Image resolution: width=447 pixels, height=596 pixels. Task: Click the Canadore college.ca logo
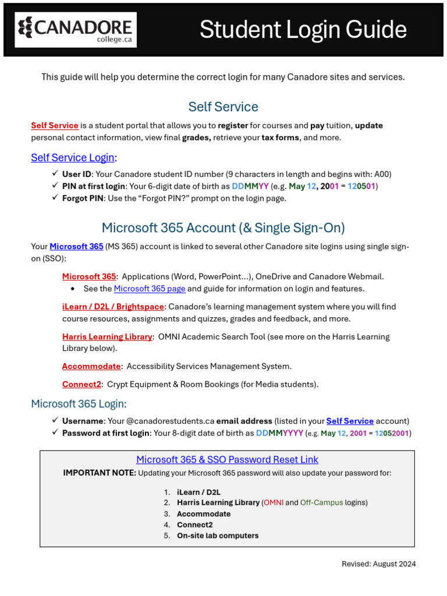click(x=76, y=30)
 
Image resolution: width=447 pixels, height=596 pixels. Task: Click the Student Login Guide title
click(x=303, y=30)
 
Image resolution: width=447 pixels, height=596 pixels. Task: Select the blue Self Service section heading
click(x=223, y=107)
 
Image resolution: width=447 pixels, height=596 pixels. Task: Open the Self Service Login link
click(x=73, y=158)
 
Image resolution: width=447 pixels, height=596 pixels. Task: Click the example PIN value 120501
click(x=361, y=186)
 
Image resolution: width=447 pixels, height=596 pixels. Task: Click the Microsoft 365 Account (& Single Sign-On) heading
click(x=223, y=228)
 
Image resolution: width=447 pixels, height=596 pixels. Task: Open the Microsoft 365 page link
click(x=150, y=289)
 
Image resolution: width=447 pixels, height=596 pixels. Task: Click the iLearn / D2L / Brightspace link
click(x=113, y=307)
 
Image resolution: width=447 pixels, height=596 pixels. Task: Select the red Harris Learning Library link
click(x=107, y=336)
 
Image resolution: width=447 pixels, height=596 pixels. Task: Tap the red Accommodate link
click(x=91, y=366)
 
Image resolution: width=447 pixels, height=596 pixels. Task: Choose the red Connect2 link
click(x=81, y=384)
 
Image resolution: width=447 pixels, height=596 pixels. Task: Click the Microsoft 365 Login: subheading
click(x=79, y=404)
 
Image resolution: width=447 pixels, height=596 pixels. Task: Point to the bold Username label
click(x=83, y=421)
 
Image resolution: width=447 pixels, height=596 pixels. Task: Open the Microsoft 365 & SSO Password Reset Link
click(x=227, y=460)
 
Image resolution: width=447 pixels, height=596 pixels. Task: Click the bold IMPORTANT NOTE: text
click(x=100, y=473)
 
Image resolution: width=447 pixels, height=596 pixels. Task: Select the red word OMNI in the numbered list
click(x=273, y=502)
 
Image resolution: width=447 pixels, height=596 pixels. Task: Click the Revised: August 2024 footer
click(x=378, y=564)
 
